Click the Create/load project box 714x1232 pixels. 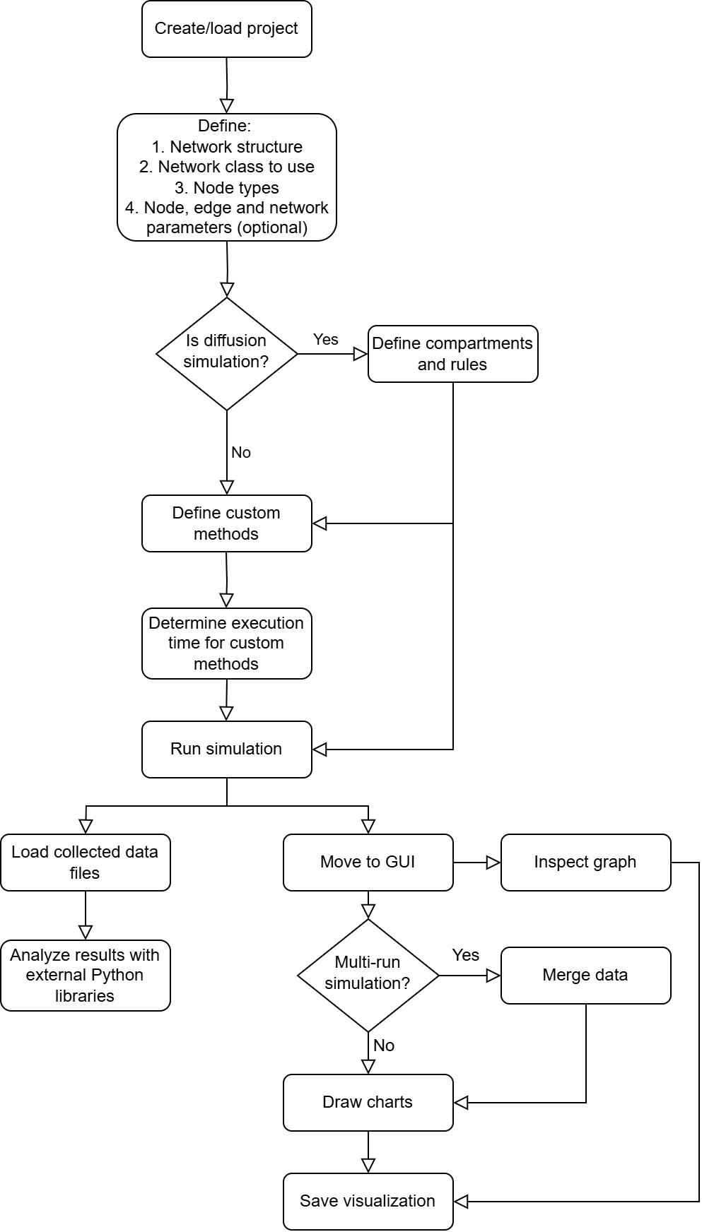pyautogui.click(x=226, y=29)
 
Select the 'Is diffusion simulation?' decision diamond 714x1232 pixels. pyautogui.click(x=226, y=353)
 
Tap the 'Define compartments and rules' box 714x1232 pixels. pyautogui.click(x=452, y=354)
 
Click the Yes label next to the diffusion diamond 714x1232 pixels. pyautogui.click(x=326, y=340)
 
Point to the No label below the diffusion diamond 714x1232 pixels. pyautogui.click(x=241, y=453)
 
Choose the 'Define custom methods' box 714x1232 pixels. pyautogui.click(x=226, y=523)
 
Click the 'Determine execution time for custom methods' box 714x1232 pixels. pyautogui.click(x=226, y=644)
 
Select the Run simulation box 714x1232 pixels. pyautogui.click(x=226, y=750)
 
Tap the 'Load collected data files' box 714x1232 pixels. pyautogui.click(x=85, y=863)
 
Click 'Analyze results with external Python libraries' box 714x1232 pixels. pyautogui.click(x=85, y=976)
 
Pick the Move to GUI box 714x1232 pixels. pyautogui.click(x=368, y=863)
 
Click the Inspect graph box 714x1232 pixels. pyautogui.click(x=585, y=863)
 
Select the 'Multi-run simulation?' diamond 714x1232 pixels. pyautogui.click(x=368, y=975)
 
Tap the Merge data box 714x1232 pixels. pyautogui.click(x=585, y=976)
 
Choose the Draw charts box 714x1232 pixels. pyautogui.click(x=368, y=1103)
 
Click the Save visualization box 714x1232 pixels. pyautogui.click(x=368, y=1202)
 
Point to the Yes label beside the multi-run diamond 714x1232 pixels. pyautogui.click(x=466, y=955)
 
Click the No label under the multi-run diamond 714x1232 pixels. pyautogui.click(x=384, y=1046)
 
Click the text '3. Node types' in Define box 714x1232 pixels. pyautogui.click(x=227, y=188)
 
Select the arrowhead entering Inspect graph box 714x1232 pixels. pyautogui.click(x=493, y=863)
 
